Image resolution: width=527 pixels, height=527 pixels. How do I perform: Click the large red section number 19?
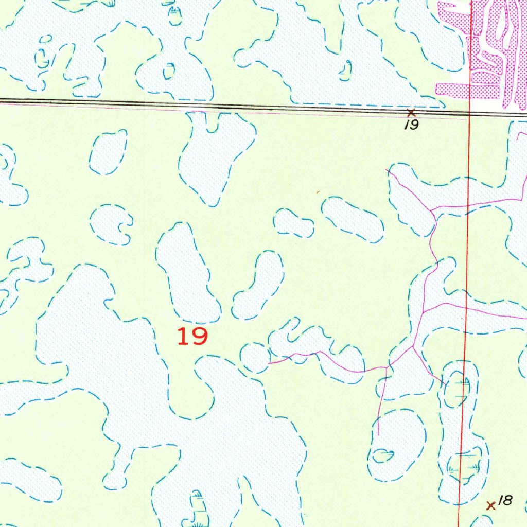click(x=192, y=337)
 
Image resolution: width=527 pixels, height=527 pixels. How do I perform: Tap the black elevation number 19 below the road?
click(x=411, y=125)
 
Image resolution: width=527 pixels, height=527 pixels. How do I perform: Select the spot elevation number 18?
click(x=506, y=500)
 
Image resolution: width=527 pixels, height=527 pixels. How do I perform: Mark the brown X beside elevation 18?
click(x=491, y=506)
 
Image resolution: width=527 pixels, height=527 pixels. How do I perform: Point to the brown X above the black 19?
click(x=411, y=112)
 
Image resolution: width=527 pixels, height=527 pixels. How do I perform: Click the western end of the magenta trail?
click(x=269, y=363)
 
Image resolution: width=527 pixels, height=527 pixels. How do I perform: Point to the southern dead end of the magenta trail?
click(x=378, y=435)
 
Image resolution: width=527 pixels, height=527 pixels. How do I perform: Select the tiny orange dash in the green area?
click(x=318, y=192)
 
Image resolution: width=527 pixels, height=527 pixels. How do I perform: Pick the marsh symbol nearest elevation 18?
click(x=467, y=466)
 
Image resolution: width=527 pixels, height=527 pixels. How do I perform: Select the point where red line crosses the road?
click(x=470, y=114)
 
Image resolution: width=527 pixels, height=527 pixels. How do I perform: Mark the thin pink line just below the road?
click(x=257, y=112)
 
